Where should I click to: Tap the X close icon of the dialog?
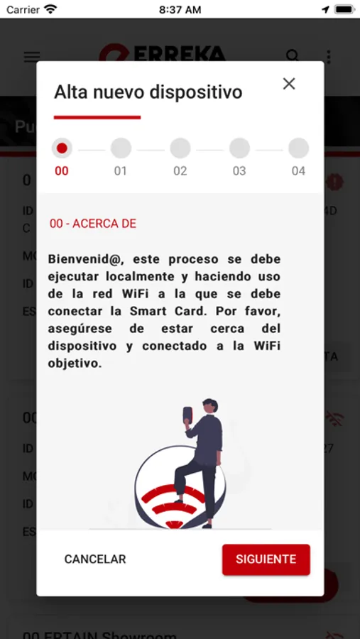pyautogui.click(x=289, y=84)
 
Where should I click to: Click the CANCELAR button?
pyautogui.click(x=95, y=559)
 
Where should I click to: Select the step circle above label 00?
pyautogui.click(x=62, y=148)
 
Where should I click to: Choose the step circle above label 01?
pyautogui.click(x=121, y=148)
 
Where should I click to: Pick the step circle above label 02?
pyautogui.click(x=180, y=148)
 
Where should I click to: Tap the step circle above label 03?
pyautogui.click(x=239, y=148)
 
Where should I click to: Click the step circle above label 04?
pyautogui.click(x=298, y=148)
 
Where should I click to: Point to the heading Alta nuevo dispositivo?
pyautogui.click(x=148, y=92)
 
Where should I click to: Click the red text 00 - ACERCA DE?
pyautogui.click(x=93, y=224)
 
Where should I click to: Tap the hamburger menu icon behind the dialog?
pyautogui.click(x=32, y=57)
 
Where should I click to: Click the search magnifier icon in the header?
pyautogui.click(x=293, y=56)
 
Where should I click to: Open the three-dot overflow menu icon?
pyautogui.click(x=328, y=57)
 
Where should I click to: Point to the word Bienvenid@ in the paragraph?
pyautogui.click(x=79, y=259)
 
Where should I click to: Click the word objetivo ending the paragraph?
pyautogui.click(x=75, y=363)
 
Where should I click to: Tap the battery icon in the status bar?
pyautogui.click(x=344, y=10)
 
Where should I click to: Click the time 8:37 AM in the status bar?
pyautogui.click(x=180, y=10)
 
